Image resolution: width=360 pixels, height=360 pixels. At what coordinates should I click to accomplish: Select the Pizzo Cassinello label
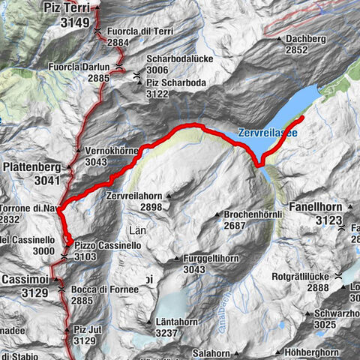(x=103, y=244)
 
